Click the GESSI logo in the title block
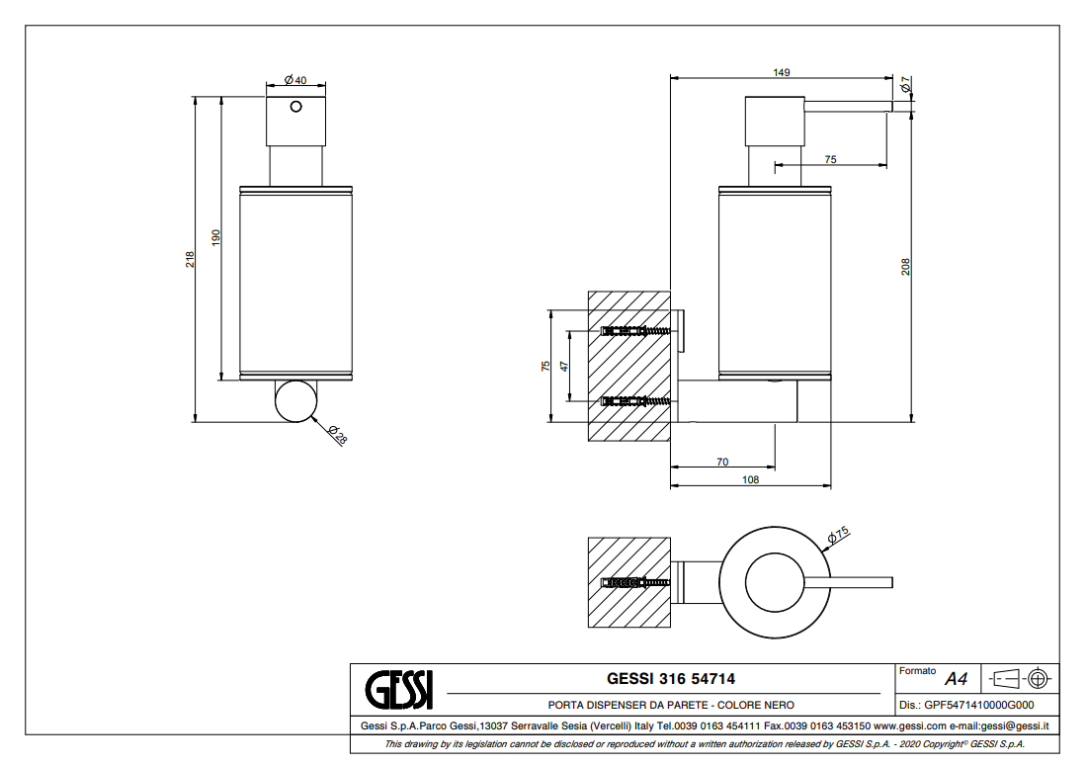coord(398,688)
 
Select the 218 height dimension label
coord(191,259)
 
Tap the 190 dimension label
coord(215,237)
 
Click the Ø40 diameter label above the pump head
coord(294,80)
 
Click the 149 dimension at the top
coord(783,72)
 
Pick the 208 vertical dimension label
coord(905,267)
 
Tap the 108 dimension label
coord(750,479)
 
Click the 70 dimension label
coord(722,461)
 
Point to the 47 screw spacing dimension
coord(565,366)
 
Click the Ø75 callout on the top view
coord(838,535)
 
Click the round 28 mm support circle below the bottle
coord(295,400)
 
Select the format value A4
coord(956,679)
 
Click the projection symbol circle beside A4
coord(1037,679)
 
